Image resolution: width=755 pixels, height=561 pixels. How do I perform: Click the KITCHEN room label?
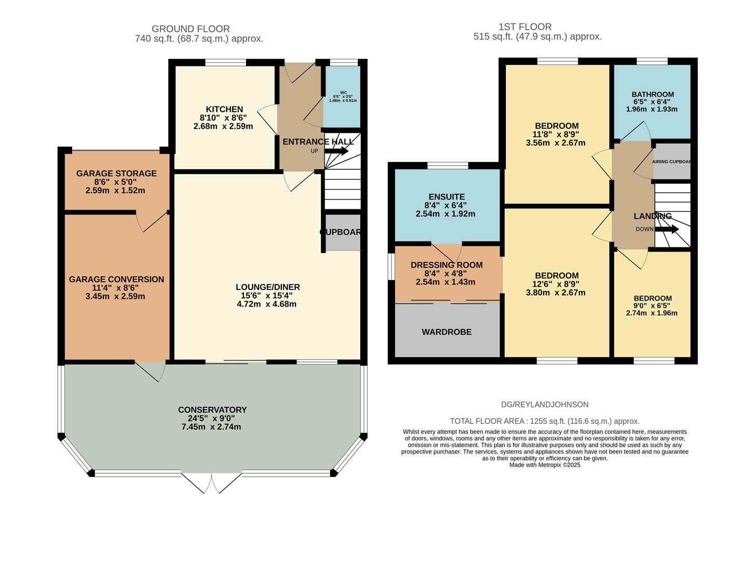tap(224, 109)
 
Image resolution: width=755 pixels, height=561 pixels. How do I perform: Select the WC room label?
tap(343, 93)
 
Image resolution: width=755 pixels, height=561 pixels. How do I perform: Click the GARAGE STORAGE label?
tap(116, 173)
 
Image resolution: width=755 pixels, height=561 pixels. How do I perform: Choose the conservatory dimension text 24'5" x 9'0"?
tap(211, 418)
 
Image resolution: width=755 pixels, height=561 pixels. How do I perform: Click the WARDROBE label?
tap(447, 332)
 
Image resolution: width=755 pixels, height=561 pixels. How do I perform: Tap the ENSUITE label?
tap(447, 197)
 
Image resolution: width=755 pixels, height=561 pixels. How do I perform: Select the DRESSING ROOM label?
tap(447, 265)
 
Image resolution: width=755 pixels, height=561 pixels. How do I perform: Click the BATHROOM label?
tap(653, 95)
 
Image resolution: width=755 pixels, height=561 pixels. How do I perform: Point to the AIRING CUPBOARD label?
tap(672, 162)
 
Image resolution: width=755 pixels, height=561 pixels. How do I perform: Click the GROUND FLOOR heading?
tap(191, 29)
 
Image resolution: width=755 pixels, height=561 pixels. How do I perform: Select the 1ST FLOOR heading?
tap(525, 27)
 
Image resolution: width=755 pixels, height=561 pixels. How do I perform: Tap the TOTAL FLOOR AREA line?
tap(545, 421)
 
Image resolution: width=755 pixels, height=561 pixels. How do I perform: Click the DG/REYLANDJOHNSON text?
tap(545, 405)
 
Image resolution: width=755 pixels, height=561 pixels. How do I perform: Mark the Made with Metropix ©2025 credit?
tap(545, 465)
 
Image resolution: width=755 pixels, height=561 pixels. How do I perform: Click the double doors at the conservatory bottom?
tap(212, 483)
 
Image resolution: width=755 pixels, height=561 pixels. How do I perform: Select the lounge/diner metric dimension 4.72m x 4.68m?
tap(267, 304)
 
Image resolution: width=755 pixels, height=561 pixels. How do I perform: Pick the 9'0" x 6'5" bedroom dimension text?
tap(652, 306)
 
